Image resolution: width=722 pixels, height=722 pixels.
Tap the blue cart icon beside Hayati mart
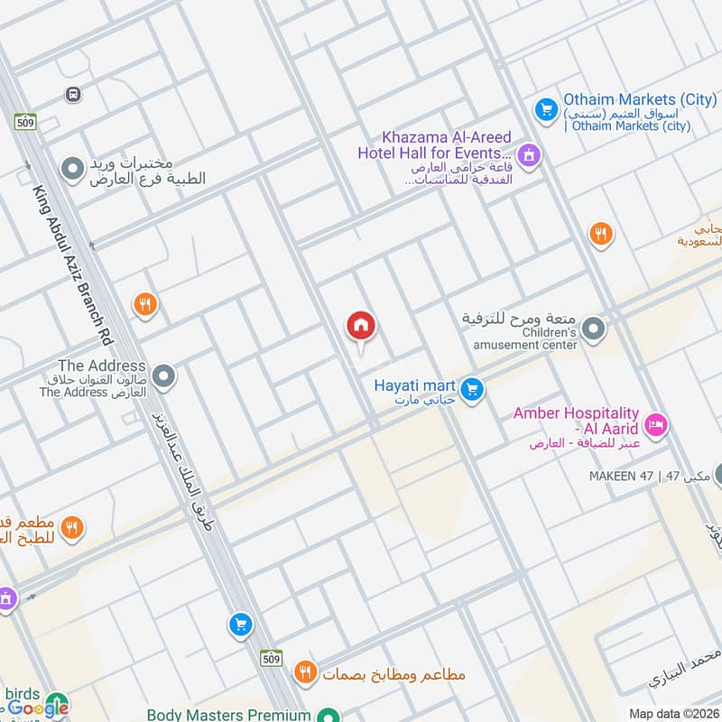[470, 390]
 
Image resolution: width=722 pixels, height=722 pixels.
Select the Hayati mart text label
[414, 385]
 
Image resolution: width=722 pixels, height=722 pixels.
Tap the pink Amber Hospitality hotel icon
[656, 423]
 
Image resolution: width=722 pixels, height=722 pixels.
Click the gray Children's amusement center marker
[592, 330]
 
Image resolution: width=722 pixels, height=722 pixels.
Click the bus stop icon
[73, 94]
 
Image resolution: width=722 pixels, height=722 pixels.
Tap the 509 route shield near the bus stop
[25, 121]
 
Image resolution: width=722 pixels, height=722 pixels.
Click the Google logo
[38, 708]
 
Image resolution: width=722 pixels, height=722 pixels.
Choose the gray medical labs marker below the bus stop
[72, 168]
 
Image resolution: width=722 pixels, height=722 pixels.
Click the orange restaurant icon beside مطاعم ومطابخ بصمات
[305, 671]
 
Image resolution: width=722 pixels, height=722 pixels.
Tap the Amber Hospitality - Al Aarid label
[576, 421]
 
